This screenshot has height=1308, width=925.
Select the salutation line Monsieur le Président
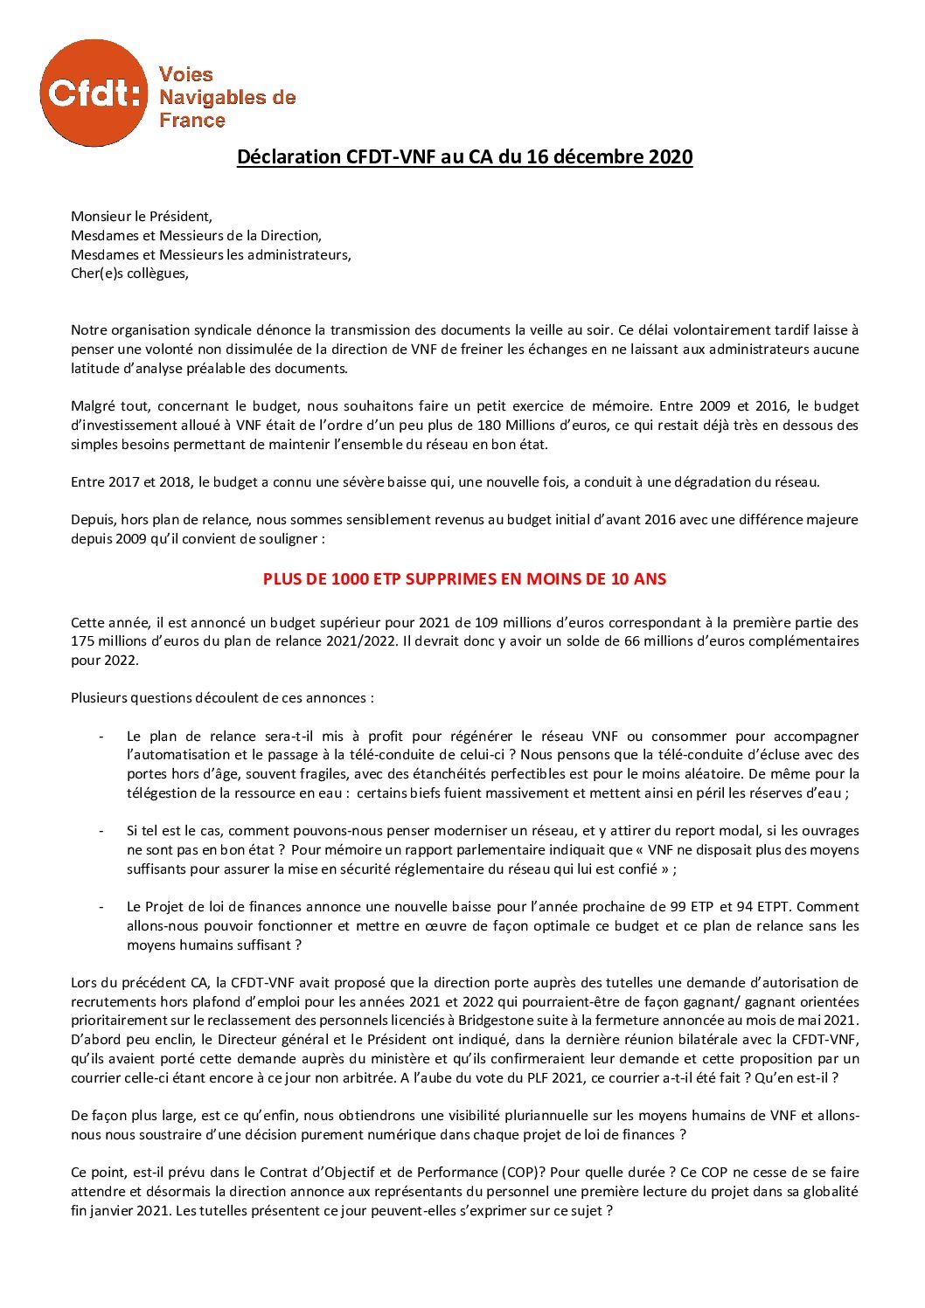coord(141,217)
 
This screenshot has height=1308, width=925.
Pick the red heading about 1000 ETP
coord(465,578)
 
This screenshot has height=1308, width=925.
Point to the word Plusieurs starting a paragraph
coord(100,698)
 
